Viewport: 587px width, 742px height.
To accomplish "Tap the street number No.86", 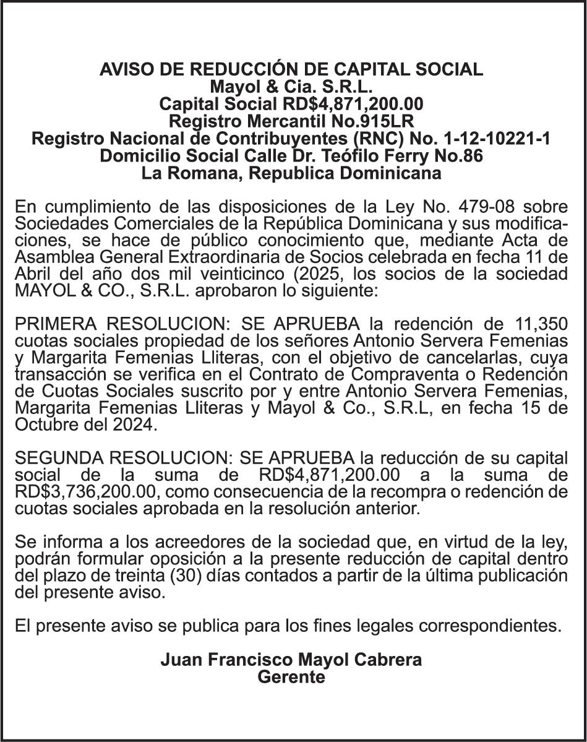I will click(x=460, y=156).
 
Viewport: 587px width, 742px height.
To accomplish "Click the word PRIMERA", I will click(x=56, y=323).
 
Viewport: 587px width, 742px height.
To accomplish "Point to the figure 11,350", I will click(x=541, y=323).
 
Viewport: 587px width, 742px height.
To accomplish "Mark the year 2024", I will click(x=135, y=426).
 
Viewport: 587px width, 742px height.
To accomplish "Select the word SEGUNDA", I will click(x=59, y=459).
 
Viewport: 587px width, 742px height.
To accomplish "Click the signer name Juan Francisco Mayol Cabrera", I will click(x=291, y=660).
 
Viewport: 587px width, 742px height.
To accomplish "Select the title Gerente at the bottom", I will click(x=291, y=677).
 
